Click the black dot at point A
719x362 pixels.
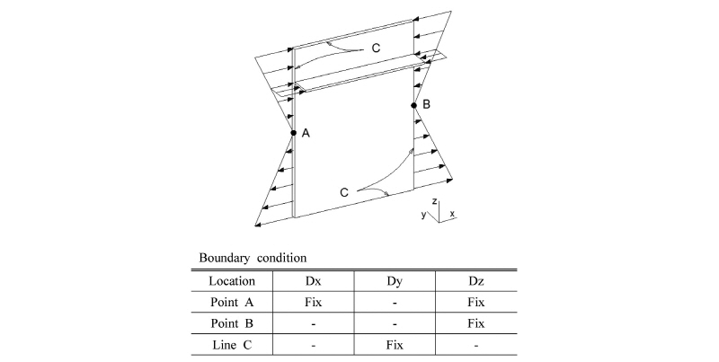pos(294,133)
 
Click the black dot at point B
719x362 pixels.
pos(413,105)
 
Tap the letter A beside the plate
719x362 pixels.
pos(306,133)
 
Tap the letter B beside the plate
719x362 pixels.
pos(426,104)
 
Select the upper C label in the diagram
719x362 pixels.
pos(376,49)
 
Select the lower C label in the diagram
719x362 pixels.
pos(344,192)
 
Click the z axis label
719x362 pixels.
pos(434,201)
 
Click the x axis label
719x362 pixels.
pos(452,214)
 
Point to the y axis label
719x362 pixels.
pos(423,215)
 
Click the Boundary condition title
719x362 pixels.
pos(253,258)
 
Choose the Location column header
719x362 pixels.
pos(232,281)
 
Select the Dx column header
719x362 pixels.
pos(313,281)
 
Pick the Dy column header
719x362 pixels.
pos(395,281)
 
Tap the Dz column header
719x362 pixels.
pos(476,281)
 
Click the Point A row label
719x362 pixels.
pos(232,303)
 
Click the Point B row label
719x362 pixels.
pos(232,323)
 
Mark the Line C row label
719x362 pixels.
pos(232,345)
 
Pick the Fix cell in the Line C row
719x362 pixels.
pos(395,345)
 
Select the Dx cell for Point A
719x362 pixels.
pos(313,303)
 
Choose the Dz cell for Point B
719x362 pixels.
pos(476,323)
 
